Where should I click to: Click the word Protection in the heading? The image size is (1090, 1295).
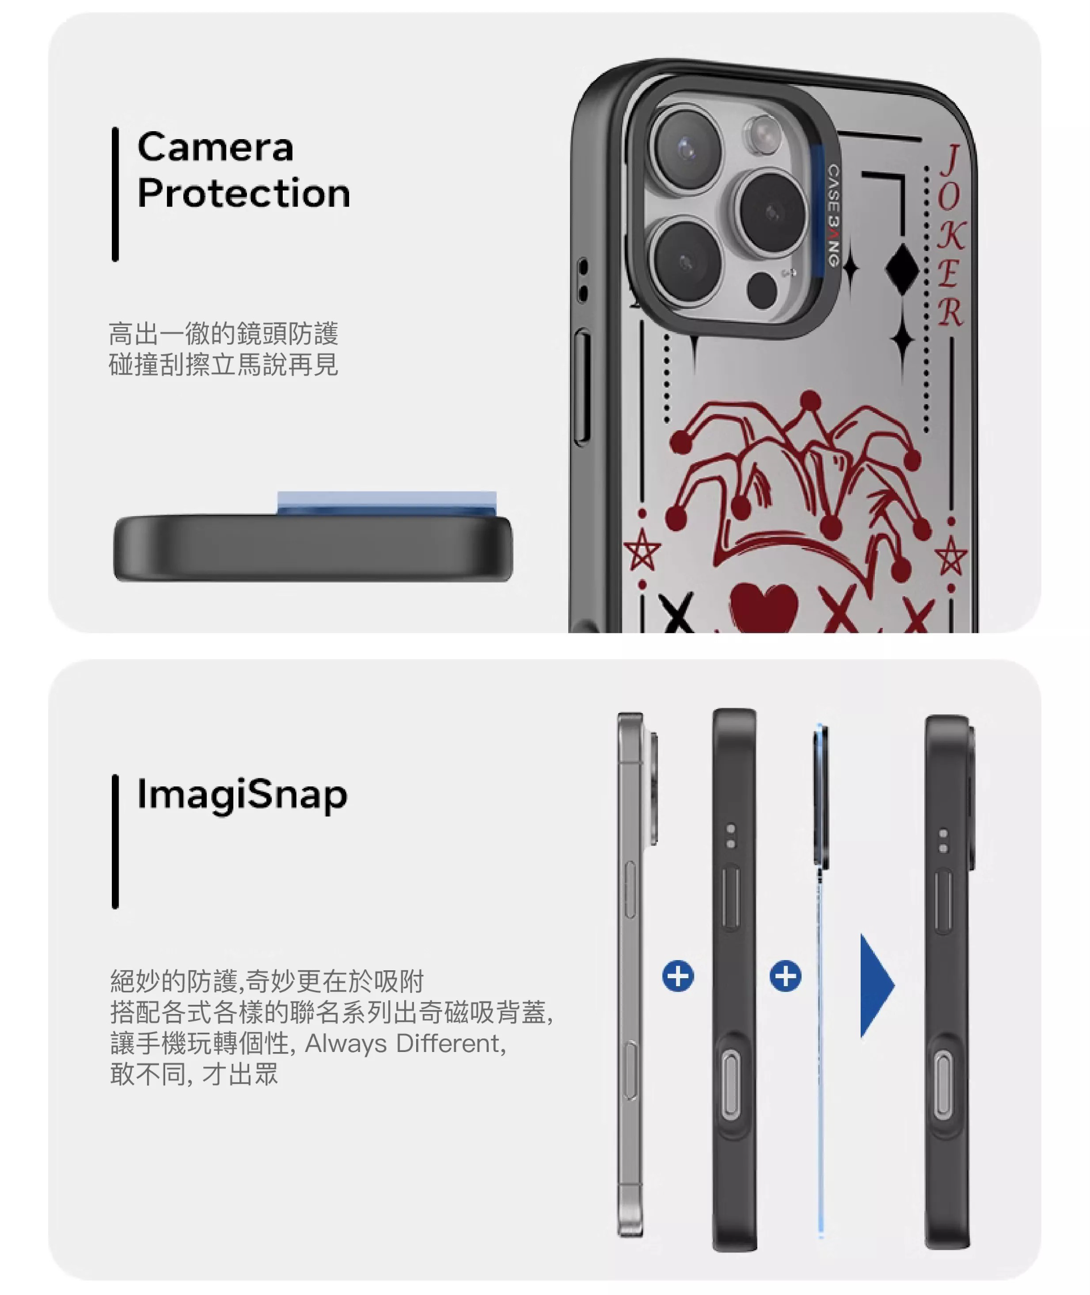click(x=244, y=193)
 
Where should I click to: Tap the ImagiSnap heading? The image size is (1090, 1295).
click(x=242, y=796)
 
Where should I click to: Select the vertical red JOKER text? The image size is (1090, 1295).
click(x=950, y=236)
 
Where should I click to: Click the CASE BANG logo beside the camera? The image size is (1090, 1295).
click(x=833, y=216)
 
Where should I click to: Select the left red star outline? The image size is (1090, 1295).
click(x=642, y=549)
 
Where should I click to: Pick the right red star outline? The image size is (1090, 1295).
click(x=951, y=555)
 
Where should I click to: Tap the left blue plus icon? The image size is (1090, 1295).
click(x=678, y=976)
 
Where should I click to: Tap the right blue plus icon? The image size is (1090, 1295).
click(x=785, y=976)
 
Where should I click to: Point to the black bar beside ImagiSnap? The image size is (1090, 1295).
click(x=115, y=841)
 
